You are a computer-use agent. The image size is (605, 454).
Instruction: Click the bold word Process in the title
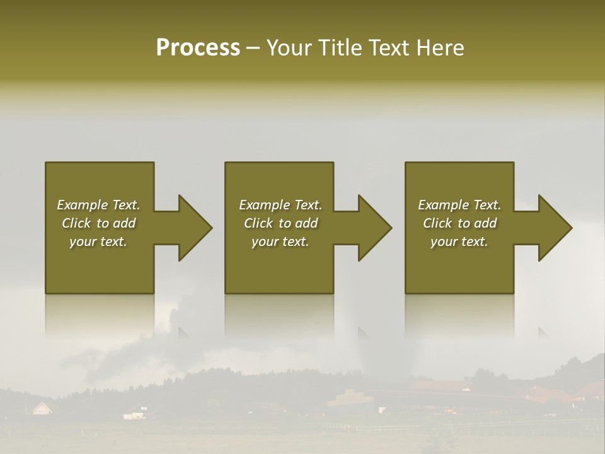198,48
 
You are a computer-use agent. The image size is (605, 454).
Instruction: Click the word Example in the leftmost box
82,205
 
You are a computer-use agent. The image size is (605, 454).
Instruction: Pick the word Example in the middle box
264,205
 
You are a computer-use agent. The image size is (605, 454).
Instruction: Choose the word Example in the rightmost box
443,205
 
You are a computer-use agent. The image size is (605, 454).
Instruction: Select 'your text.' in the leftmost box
98,242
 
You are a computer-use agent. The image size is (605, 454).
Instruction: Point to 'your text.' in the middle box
280,242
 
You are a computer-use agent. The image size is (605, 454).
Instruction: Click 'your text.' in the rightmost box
459,242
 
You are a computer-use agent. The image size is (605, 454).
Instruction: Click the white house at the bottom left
41,409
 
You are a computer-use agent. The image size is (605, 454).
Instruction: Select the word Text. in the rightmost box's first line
487,205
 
